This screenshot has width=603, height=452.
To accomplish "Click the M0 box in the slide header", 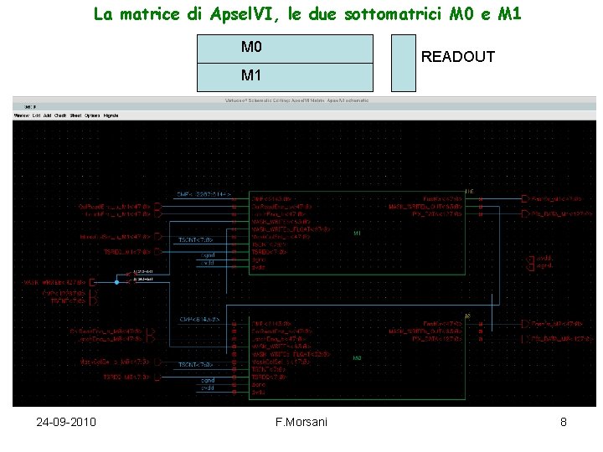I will coord(284,48).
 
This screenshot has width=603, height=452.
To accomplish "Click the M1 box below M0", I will coord(284,76).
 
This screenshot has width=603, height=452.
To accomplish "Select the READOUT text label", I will coord(458,57).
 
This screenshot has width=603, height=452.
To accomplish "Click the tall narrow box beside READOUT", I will coord(403,63).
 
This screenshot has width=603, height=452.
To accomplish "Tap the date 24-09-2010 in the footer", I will coord(66,422).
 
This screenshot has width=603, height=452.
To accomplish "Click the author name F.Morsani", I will coord(301,422).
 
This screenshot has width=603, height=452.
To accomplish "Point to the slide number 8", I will coord(564,422).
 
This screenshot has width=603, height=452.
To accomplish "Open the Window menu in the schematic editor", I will coord(21,116).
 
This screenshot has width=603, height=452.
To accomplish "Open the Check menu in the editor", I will coord(60,116).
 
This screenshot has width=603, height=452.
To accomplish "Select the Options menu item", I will coord(92,116).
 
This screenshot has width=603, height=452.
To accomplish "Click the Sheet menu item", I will coord(75,116).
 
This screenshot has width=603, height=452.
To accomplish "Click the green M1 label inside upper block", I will coord(358,233).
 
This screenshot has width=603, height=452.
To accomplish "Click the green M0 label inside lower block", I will coord(358,358).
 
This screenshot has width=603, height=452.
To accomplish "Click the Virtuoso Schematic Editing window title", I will coord(296,100).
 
